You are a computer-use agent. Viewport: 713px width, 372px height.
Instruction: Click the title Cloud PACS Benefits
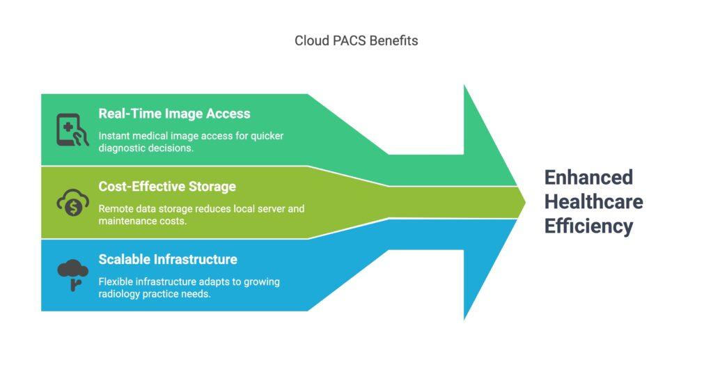pyautogui.click(x=356, y=40)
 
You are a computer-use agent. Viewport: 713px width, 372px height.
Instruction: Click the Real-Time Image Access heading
pyautogui.click(x=174, y=113)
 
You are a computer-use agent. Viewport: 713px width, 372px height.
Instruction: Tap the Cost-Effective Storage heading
pyautogui.click(x=167, y=186)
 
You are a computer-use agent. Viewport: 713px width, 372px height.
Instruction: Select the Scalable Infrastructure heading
pyautogui.click(x=168, y=259)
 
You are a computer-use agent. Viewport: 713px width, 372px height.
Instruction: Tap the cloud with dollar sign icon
pyautogui.click(x=72, y=202)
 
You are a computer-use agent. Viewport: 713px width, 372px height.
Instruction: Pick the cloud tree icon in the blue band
pyautogui.click(x=72, y=274)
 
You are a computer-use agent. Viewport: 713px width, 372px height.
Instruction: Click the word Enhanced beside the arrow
pyautogui.click(x=588, y=178)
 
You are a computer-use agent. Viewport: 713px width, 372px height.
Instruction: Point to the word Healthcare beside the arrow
pyautogui.click(x=593, y=202)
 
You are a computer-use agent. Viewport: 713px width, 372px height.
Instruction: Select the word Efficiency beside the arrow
pyautogui.click(x=588, y=226)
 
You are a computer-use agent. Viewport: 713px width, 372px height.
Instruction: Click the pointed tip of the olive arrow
pyautogui.click(x=526, y=202)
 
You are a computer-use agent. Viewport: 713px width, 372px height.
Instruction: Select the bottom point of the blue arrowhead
pyautogui.click(x=464, y=318)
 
